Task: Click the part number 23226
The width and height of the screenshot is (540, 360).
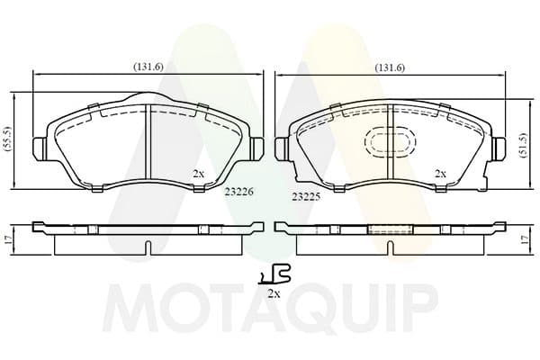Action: pos(239,192)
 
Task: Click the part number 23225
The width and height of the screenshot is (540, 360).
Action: pos(306,197)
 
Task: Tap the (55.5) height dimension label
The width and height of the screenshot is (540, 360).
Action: pos(8,139)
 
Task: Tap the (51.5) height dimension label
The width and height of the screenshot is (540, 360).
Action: pos(524,145)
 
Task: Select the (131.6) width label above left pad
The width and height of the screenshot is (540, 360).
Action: pos(148,67)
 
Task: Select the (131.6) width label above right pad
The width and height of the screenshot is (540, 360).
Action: pos(390,67)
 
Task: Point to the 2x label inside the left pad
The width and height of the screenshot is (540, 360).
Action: pos(198,174)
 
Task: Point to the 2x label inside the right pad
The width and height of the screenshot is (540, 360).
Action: pos(440,174)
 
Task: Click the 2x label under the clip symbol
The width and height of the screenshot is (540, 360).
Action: pos(274,293)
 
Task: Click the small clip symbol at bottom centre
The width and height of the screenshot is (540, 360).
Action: pos(274,274)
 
